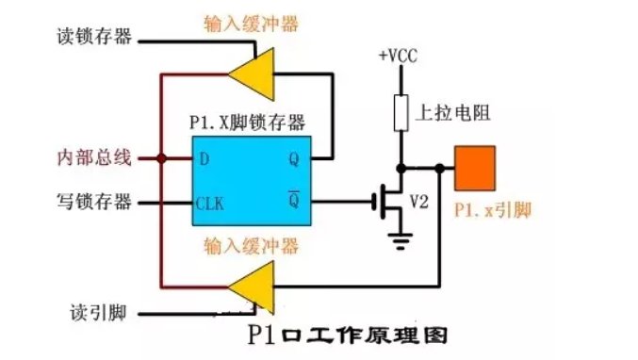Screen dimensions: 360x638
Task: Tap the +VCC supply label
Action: pos(397,55)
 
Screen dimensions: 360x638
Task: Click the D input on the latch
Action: pos(204,158)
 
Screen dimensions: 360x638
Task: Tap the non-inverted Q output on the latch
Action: pos(293,158)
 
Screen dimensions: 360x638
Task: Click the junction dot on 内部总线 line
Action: pos(162,158)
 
